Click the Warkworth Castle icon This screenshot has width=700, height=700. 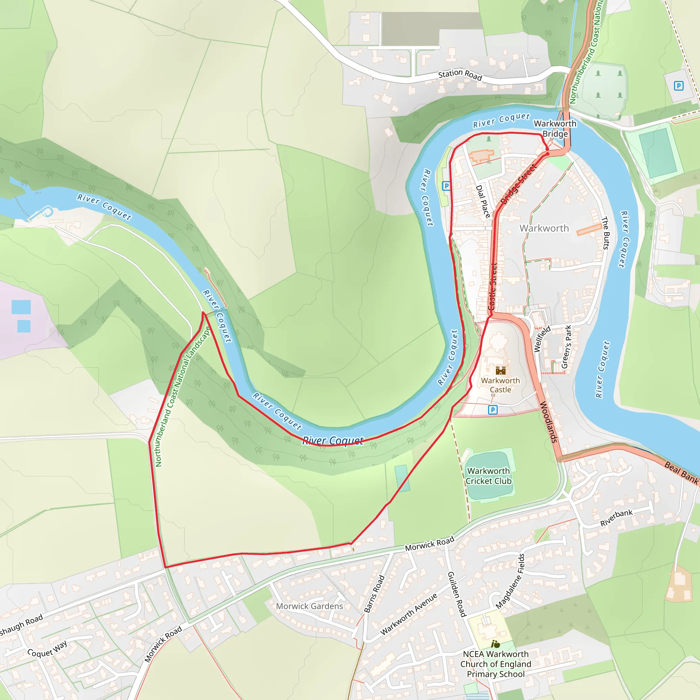[x=500, y=370]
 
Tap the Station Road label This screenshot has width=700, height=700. [x=460, y=75]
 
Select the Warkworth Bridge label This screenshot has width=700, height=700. [x=555, y=129]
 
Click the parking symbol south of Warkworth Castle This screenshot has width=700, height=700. [x=493, y=410]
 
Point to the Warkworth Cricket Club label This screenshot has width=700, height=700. [x=488, y=476]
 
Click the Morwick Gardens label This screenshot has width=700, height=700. [x=309, y=606]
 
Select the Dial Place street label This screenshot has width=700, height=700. [x=483, y=201]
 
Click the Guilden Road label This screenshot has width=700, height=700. [x=457, y=594]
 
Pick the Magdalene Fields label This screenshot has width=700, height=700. [x=510, y=581]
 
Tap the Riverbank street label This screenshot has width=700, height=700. [x=616, y=518]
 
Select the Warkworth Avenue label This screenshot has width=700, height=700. [x=409, y=614]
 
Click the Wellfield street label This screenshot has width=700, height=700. [x=542, y=339]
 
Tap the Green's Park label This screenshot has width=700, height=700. [x=566, y=347]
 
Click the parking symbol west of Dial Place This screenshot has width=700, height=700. [x=446, y=186]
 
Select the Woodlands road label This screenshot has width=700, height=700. [x=549, y=422]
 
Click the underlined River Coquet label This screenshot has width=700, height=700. [x=333, y=441]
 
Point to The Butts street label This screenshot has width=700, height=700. [x=605, y=233]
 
